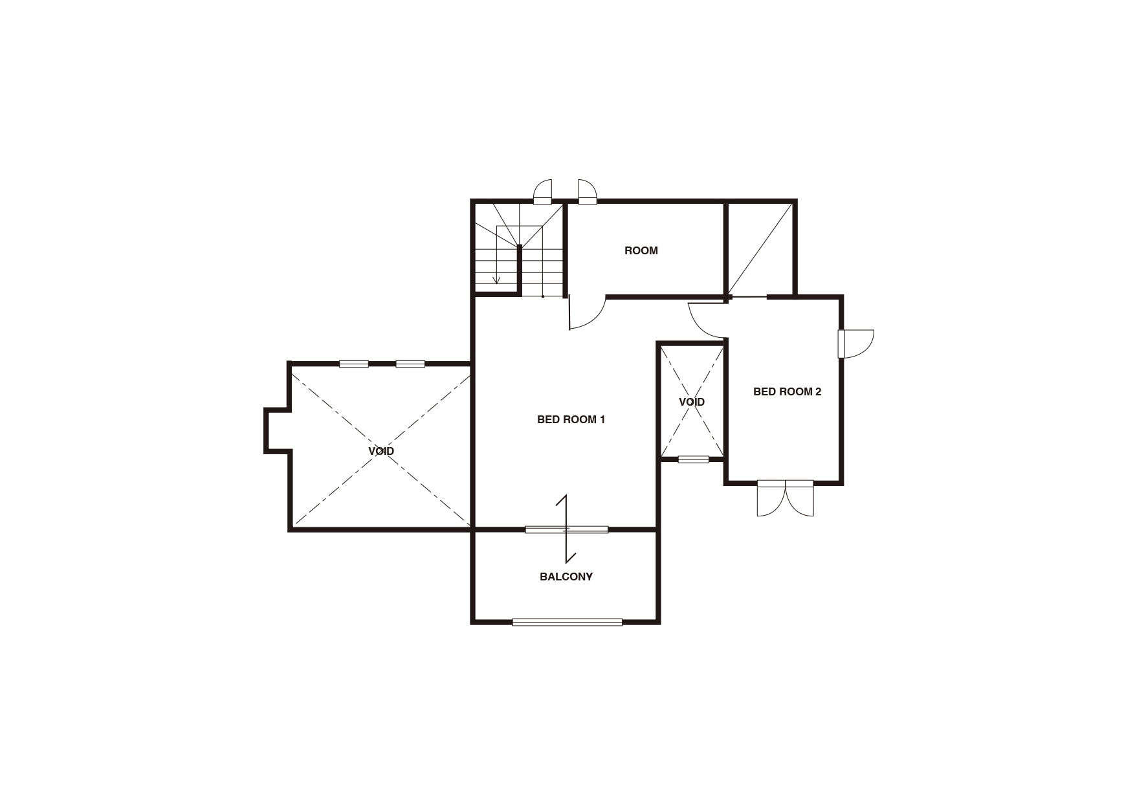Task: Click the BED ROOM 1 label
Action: (x=571, y=419)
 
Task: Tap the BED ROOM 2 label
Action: (x=787, y=391)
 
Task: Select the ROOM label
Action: (x=641, y=250)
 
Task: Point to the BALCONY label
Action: (x=566, y=577)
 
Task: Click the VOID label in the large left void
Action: (x=381, y=451)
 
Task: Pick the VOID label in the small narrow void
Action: (x=692, y=402)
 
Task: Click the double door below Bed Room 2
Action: (x=786, y=498)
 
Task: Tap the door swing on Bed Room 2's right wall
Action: (x=855, y=344)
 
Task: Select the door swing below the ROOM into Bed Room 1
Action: (x=587, y=313)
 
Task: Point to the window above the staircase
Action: (x=542, y=192)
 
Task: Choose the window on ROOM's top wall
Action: (x=587, y=192)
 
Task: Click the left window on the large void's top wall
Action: (x=354, y=364)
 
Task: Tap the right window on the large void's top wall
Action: (x=410, y=364)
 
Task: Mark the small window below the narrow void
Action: (x=694, y=459)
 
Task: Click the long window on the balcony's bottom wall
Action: (x=567, y=622)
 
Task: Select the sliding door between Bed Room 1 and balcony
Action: (x=566, y=530)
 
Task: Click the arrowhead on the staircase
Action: (x=496, y=280)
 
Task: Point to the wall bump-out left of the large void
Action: (x=277, y=430)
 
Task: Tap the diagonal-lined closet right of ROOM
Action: (x=760, y=249)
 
